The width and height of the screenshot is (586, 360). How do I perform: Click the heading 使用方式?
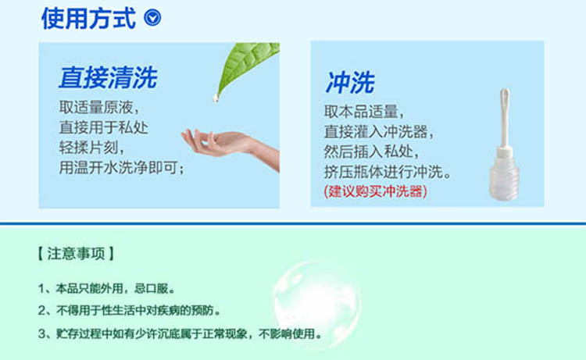tap(88, 18)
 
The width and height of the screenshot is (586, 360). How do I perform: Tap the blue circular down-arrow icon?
tap(152, 17)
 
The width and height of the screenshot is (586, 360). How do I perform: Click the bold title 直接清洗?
tap(108, 77)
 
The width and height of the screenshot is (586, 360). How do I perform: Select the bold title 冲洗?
tap(350, 82)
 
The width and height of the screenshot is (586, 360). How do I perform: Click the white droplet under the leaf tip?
tap(216, 98)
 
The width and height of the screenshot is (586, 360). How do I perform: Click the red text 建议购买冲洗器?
tap(375, 191)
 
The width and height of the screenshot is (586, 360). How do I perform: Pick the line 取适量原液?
tap(99, 108)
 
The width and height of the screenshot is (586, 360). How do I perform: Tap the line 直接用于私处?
tap(103, 128)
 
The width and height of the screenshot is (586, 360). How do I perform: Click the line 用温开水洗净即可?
tap(122, 168)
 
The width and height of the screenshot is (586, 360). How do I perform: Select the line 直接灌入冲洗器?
tap(379, 131)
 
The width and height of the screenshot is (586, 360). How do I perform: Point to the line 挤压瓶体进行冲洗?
tap(388, 172)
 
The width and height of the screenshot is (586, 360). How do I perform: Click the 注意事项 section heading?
tap(76, 254)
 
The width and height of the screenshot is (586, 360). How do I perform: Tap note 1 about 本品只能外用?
tap(106, 289)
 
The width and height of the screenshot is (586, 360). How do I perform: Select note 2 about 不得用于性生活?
tap(129, 311)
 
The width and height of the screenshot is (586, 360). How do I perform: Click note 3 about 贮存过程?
tap(180, 333)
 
